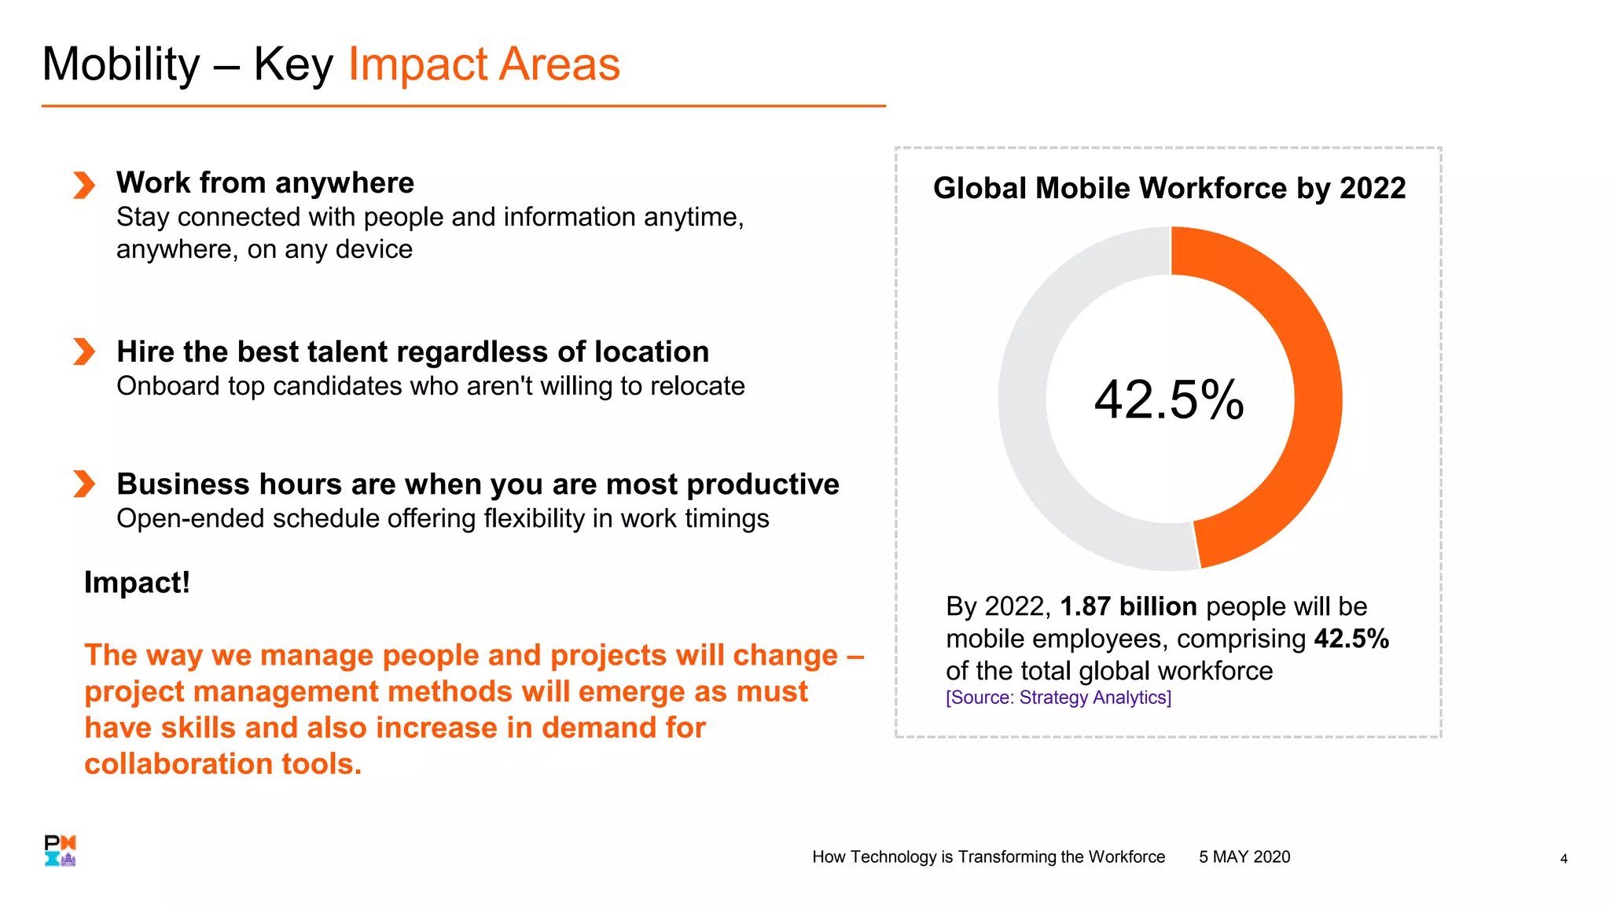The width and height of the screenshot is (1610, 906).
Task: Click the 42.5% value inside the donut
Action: [x=1169, y=400]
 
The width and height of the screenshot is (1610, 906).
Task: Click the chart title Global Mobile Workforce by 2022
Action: [x=1169, y=188]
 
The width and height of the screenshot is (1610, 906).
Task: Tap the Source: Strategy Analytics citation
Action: [x=1058, y=698]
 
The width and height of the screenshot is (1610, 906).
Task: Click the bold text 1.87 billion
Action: [x=1128, y=606]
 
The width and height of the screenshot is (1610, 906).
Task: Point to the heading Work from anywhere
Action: [x=265, y=182]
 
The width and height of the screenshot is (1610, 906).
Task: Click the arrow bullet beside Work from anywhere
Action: [x=84, y=185]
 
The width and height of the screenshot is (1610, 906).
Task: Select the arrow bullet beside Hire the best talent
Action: [x=84, y=352]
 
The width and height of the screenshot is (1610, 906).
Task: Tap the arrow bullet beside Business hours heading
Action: [x=84, y=484]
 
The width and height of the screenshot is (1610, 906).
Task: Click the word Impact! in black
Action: [x=137, y=583]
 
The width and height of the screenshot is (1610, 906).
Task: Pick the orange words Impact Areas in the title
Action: [x=483, y=64]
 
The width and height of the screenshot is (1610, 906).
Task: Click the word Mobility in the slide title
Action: [x=121, y=64]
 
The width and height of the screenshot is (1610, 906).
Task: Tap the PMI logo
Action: [x=60, y=850]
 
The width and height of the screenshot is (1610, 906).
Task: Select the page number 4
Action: [x=1564, y=859]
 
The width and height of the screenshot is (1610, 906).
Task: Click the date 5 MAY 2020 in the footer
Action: [x=1244, y=857]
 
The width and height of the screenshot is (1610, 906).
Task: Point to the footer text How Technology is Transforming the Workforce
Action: [x=988, y=857]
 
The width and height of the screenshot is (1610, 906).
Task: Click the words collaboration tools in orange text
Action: [x=222, y=764]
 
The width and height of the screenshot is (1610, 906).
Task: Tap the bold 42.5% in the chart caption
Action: [x=1351, y=639]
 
